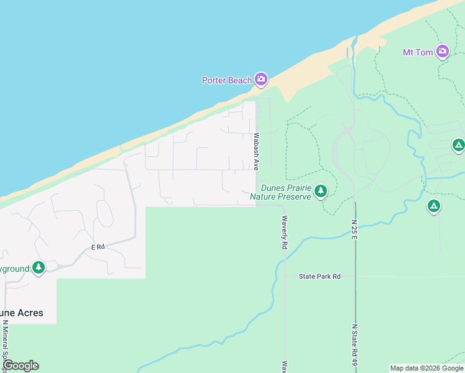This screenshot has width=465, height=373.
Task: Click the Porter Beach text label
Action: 226,80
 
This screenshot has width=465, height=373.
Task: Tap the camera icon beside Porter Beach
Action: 261,79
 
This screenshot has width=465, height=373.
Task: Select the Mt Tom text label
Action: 417,52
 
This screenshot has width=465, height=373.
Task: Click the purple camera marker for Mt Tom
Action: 443,51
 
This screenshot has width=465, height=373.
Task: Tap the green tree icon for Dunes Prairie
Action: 321,191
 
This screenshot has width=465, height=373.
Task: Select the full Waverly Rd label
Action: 285,233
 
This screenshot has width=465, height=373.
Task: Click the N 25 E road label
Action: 354,230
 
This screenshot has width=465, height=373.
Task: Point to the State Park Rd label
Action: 320,276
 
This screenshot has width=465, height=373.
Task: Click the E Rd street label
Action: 97,247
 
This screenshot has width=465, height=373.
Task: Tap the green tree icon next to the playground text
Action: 39,268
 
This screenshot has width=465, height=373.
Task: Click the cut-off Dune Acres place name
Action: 22,313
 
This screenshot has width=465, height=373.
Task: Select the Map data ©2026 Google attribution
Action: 426,368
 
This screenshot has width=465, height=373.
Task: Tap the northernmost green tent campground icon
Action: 458,145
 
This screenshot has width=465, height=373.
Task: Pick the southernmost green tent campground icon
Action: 434,205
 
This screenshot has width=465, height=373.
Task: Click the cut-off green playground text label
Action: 14,269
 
